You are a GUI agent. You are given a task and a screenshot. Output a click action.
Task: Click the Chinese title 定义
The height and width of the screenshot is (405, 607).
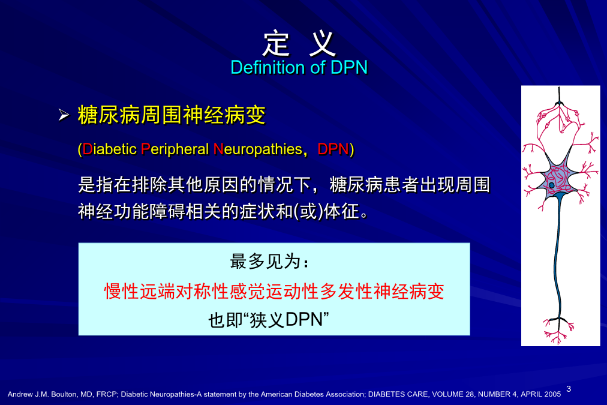pyautogui.click(x=299, y=43)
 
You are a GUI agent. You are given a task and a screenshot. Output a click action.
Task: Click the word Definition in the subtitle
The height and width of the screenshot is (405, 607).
pyautogui.click(x=268, y=67)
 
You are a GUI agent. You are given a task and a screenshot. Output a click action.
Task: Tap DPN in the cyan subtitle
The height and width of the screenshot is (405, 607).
pyautogui.click(x=349, y=67)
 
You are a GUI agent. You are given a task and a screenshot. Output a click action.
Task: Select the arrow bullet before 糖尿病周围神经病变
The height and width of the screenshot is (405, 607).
pyautogui.click(x=64, y=115)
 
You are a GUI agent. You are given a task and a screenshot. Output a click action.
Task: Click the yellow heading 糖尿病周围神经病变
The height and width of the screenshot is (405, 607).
pyautogui.click(x=172, y=115)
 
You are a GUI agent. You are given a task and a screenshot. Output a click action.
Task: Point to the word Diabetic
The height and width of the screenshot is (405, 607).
pyautogui.click(x=110, y=149)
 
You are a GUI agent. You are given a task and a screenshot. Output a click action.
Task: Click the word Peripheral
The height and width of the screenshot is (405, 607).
pyautogui.click(x=175, y=149)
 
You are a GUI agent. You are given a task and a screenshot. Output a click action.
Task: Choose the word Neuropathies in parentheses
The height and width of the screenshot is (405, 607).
pyautogui.click(x=257, y=149)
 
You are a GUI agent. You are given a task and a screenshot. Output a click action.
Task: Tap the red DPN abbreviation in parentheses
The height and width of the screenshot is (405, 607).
pyautogui.click(x=333, y=149)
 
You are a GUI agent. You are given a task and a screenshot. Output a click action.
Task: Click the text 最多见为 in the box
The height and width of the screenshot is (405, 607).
pyautogui.click(x=266, y=262)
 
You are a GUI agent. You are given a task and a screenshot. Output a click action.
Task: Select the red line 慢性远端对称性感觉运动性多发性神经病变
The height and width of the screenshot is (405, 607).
pyautogui.click(x=274, y=291)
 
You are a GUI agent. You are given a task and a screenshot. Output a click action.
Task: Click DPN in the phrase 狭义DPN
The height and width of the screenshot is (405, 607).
pyautogui.click(x=304, y=320)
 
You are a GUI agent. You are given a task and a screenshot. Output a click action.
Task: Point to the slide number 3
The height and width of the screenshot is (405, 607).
pyautogui.click(x=569, y=389)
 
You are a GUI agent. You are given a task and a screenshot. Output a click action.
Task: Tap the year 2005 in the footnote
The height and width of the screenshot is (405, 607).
pyautogui.click(x=552, y=394)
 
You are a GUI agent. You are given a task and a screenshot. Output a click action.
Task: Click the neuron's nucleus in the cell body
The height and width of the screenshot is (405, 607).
pyautogui.click(x=551, y=185)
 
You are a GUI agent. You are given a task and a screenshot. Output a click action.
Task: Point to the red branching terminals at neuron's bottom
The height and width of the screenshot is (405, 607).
pyautogui.click(x=557, y=330)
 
